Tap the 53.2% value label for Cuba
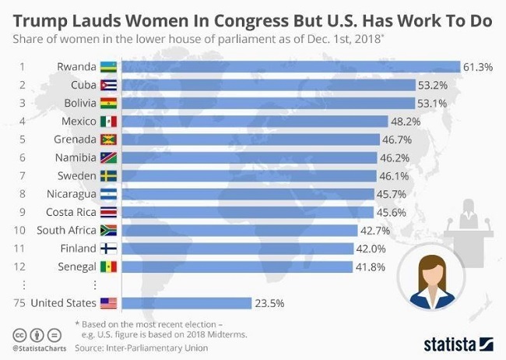tap(432, 86)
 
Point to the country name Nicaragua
tap(71, 194)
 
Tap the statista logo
tap(459, 343)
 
